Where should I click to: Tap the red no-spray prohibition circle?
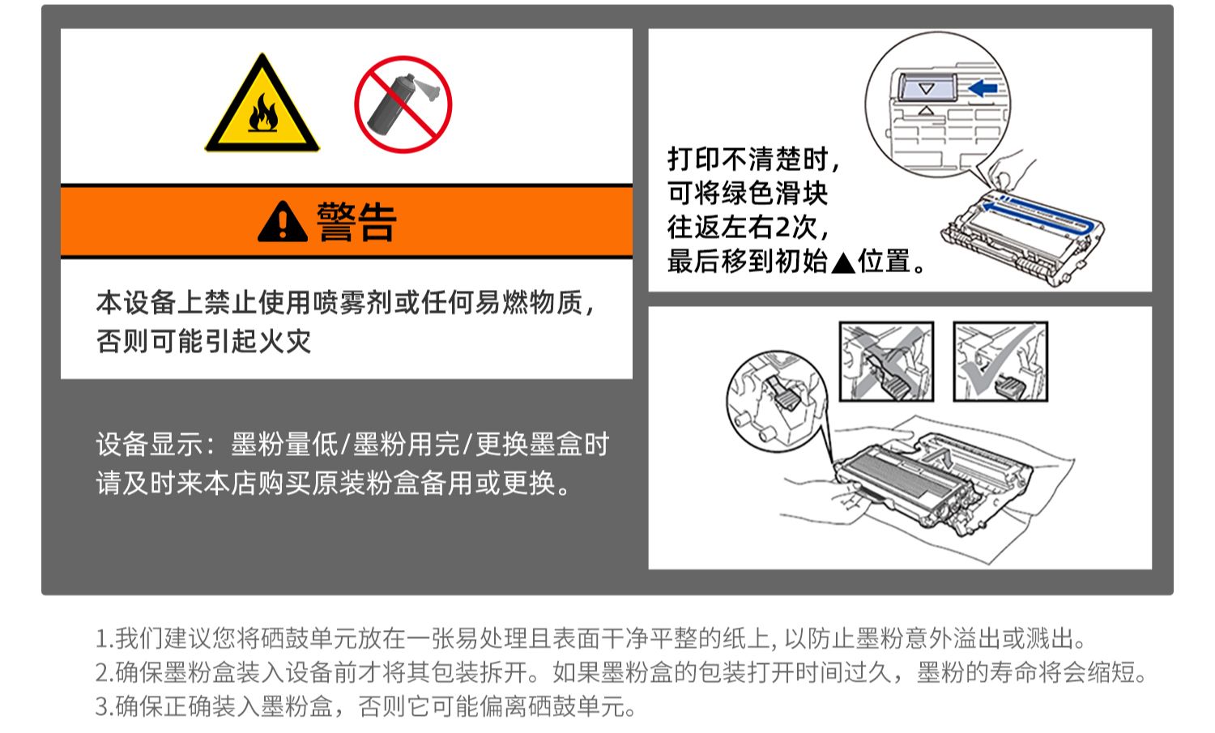click(403, 104)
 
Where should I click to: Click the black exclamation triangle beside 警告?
click(283, 221)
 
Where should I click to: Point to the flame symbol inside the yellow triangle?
click(263, 114)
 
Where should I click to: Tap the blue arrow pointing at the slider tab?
click(983, 88)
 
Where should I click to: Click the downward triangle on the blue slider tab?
click(927, 88)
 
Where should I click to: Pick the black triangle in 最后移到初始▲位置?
click(843, 263)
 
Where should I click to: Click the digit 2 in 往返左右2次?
click(782, 228)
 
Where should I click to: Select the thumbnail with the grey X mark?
click(886, 361)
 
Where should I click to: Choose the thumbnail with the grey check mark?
click(1000, 361)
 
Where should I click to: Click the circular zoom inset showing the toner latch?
click(777, 402)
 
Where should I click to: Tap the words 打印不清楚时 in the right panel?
click(748, 160)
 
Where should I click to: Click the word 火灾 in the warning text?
click(285, 342)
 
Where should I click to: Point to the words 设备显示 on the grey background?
click(149, 445)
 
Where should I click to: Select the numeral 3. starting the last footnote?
click(104, 706)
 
